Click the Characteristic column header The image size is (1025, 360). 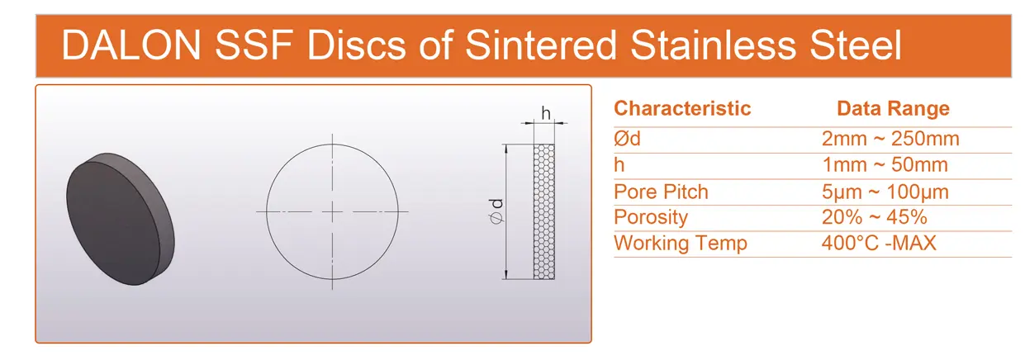coord(682,108)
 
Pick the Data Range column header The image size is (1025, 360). coord(893,108)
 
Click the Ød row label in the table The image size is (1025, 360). coord(628,139)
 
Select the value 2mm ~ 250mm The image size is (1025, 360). coord(890,139)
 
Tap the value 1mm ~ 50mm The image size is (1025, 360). coord(884,165)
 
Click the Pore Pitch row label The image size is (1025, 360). coord(661,192)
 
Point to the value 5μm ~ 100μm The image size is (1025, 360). coord(885,192)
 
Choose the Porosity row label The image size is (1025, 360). coord(651,217)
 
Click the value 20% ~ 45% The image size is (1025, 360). coord(874,217)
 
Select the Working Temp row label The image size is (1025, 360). coord(680,244)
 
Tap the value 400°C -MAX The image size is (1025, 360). coord(879,244)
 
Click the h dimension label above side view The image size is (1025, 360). coord(545,112)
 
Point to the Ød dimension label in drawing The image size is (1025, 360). coord(496,211)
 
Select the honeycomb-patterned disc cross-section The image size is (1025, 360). coord(544,211)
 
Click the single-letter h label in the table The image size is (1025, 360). coord(619,165)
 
